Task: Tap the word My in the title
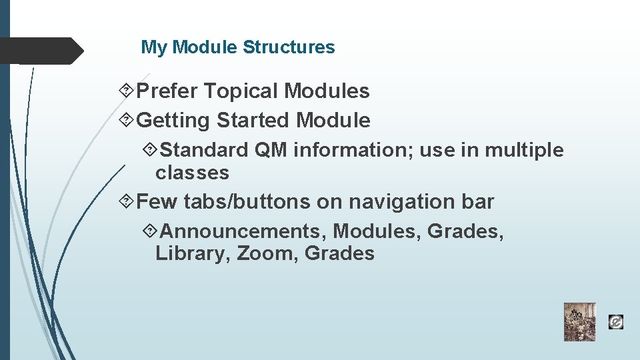(x=154, y=47)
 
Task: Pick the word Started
(x=254, y=121)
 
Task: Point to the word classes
(x=192, y=173)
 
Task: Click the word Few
(x=157, y=201)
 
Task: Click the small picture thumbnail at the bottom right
(x=579, y=322)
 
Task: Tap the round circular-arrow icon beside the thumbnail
(x=616, y=323)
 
